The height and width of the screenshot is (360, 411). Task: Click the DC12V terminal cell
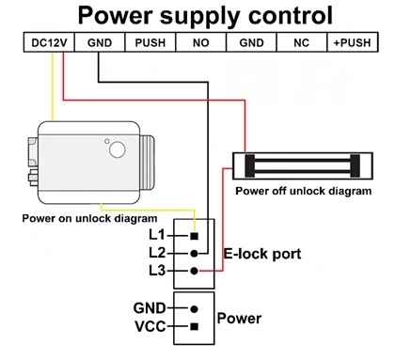(49, 42)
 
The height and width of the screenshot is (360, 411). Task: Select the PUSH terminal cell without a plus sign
(150, 42)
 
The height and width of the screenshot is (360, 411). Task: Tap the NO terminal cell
(201, 42)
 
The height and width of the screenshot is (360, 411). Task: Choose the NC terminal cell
(302, 42)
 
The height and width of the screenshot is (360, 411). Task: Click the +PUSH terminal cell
(353, 42)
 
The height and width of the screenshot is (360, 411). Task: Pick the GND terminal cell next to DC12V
(100, 42)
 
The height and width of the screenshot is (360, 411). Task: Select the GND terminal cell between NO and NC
(251, 42)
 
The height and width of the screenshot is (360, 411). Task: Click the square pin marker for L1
(195, 236)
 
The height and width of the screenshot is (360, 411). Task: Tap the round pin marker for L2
(195, 254)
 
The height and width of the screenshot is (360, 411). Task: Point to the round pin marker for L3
(195, 271)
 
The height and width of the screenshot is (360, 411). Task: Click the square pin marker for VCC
(195, 326)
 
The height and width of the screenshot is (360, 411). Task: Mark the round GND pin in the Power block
(195, 309)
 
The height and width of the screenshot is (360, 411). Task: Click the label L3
(157, 271)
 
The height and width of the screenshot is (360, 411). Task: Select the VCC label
(150, 326)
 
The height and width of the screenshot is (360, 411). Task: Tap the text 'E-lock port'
(262, 254)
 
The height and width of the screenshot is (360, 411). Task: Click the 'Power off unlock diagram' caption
(304, 191)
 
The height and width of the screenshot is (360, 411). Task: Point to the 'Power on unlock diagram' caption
(89, 218)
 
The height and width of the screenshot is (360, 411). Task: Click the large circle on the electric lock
(118, 149)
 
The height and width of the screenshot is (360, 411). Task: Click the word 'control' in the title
(291, 15)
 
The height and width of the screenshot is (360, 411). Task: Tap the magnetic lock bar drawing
(303, 166)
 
